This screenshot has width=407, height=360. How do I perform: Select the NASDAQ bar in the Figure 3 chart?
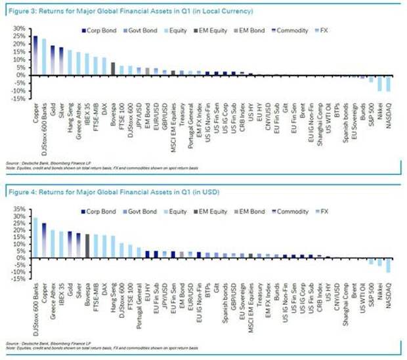click(389, 83)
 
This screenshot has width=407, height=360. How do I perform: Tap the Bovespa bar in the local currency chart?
click(113, 68)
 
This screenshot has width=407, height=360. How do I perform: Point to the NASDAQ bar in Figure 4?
click(389, 264)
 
